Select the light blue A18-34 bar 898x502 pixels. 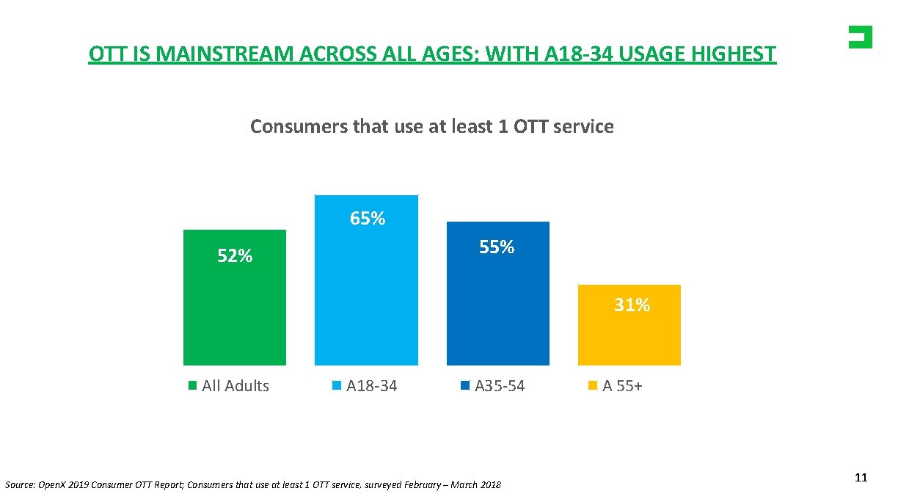(366, 294)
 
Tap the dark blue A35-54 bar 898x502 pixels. (497, 308)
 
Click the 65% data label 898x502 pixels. (368, 219)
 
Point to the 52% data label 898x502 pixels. (235, 256)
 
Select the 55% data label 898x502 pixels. (497, 247)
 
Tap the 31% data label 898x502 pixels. (632, 305)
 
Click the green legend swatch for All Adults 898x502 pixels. (193, 386)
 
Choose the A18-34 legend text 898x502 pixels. (372, 386)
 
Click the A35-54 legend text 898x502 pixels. (500, 386)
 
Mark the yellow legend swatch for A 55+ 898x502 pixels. (594, 386)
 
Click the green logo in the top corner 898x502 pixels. (860, 37)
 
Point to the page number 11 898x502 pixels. (861, 478)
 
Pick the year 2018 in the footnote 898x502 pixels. (489, 485)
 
